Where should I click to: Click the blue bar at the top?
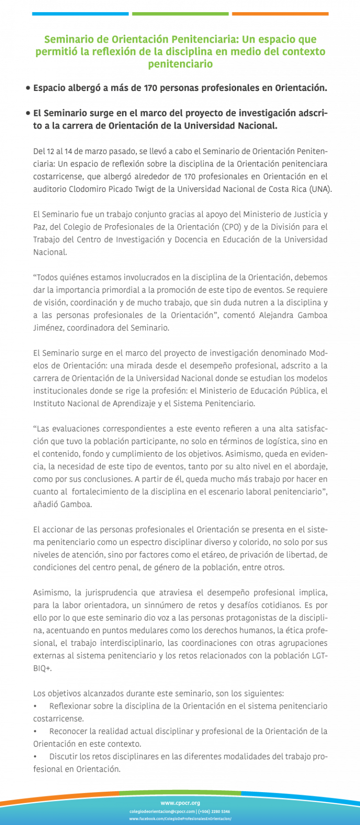pyautogui.click(x=80, y=14)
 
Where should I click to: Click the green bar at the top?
pyautogui.click(x=180, y=14)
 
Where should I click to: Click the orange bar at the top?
pyautogui.click(x=280, y=14)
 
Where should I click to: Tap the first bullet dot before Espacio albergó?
pyautogui.click(x=28, y=88)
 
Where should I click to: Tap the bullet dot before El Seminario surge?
pyautogui.click(x=28, y=114)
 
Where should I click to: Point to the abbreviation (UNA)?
pyautogui.click(x=320, y=189)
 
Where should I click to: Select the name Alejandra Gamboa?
pyautogui.click(x=293, y=315)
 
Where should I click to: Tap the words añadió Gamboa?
pyautogui.click(x=62, y=505)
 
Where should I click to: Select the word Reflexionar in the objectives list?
pyautogui.click(x=70, y=706)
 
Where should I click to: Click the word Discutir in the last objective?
pyautogui.click(x=63, y=757)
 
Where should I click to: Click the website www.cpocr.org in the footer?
pyautogui.click(x=180, y=803)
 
